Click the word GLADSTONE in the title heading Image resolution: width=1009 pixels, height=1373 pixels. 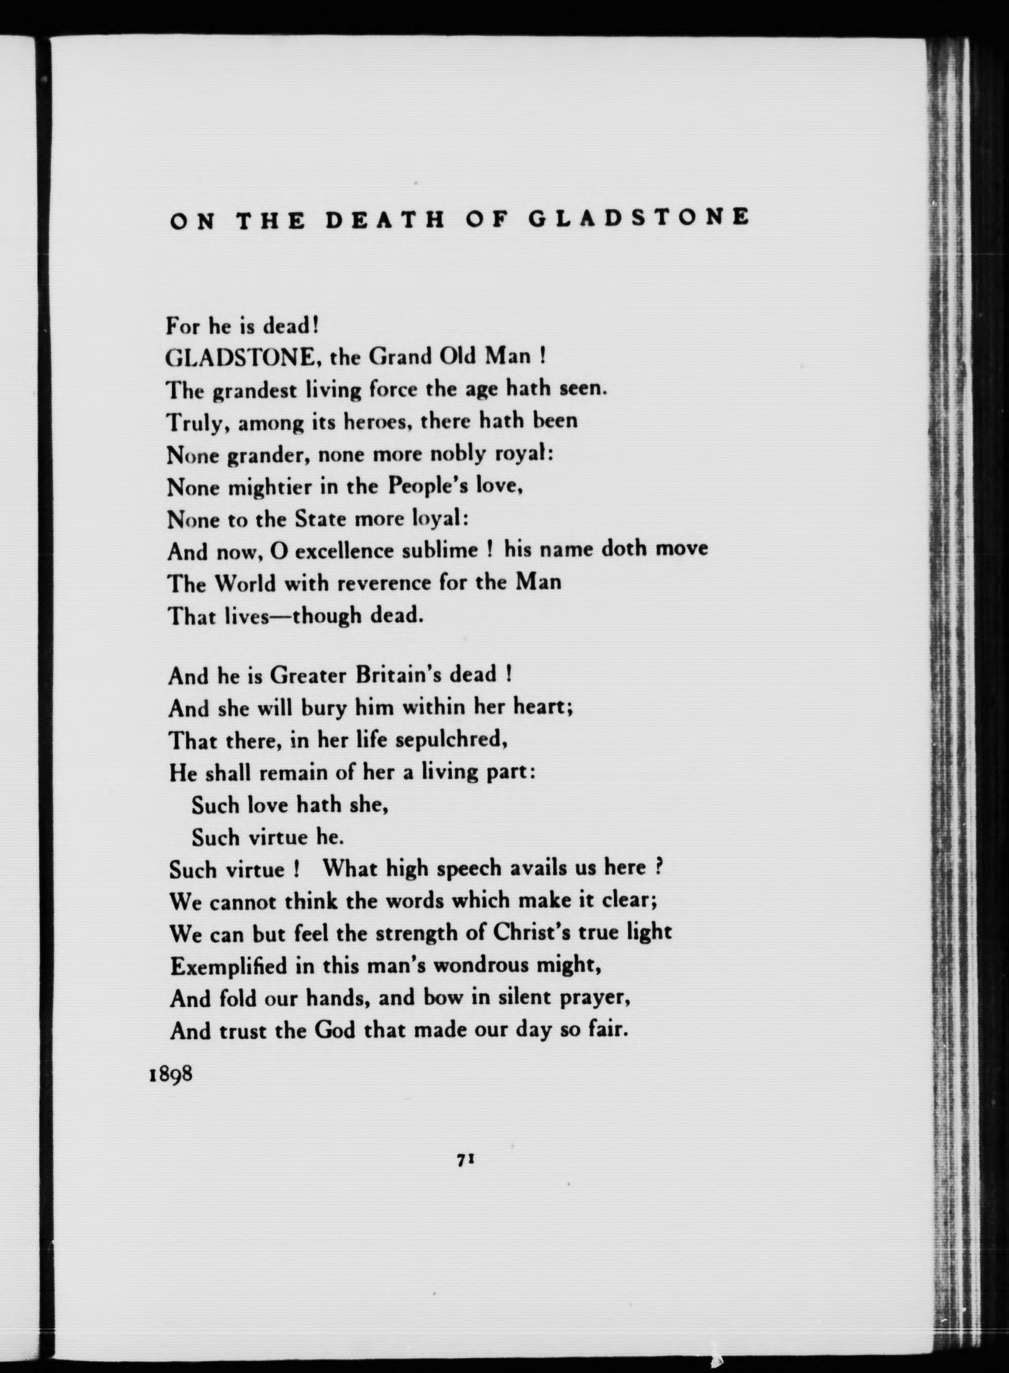point(639,218)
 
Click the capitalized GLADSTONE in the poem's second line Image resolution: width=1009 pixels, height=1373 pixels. point(240,358)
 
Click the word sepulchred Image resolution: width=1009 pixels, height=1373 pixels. point(452,740)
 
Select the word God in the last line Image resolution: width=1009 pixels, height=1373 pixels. point(335,1030)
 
